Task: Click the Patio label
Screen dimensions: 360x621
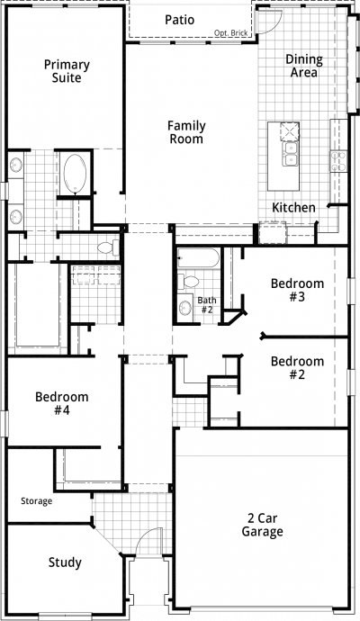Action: point(179,20)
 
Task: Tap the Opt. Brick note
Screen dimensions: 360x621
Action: point(231,33)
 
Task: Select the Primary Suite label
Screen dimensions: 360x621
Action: point(67,71)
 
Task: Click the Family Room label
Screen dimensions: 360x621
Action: point(186,132)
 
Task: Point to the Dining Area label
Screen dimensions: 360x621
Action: point(304,66)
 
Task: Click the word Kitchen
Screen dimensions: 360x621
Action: point(293,208)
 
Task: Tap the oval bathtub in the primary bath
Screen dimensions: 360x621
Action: point(75,174)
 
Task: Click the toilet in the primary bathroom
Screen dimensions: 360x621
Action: point(108,248)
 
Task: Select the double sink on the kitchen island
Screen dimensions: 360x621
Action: point(290,154)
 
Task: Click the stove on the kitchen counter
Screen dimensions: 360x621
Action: point(338,161)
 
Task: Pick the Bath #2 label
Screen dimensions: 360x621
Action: point(207,305)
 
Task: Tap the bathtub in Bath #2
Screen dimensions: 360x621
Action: point(198,257)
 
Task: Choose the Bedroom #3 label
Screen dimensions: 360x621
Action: point(297,290)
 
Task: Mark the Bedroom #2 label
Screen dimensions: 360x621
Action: point(297,367)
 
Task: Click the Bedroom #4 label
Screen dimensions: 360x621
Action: point(62,403)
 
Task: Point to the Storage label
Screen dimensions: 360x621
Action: point(36,501)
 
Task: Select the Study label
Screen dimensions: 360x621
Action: point(65,562)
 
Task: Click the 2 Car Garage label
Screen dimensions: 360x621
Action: point(262,525)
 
